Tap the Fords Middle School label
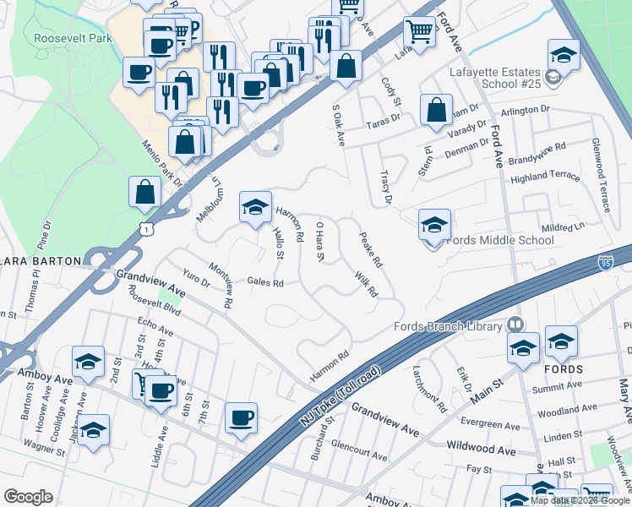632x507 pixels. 499,240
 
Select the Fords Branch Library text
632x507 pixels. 449,326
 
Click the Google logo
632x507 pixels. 28,496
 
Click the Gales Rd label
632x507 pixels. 265,282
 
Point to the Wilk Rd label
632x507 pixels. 366,284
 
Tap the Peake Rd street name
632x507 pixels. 371,250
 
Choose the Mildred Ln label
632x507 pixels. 563,228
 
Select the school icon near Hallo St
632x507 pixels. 255,208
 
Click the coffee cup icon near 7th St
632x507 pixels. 241,418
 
